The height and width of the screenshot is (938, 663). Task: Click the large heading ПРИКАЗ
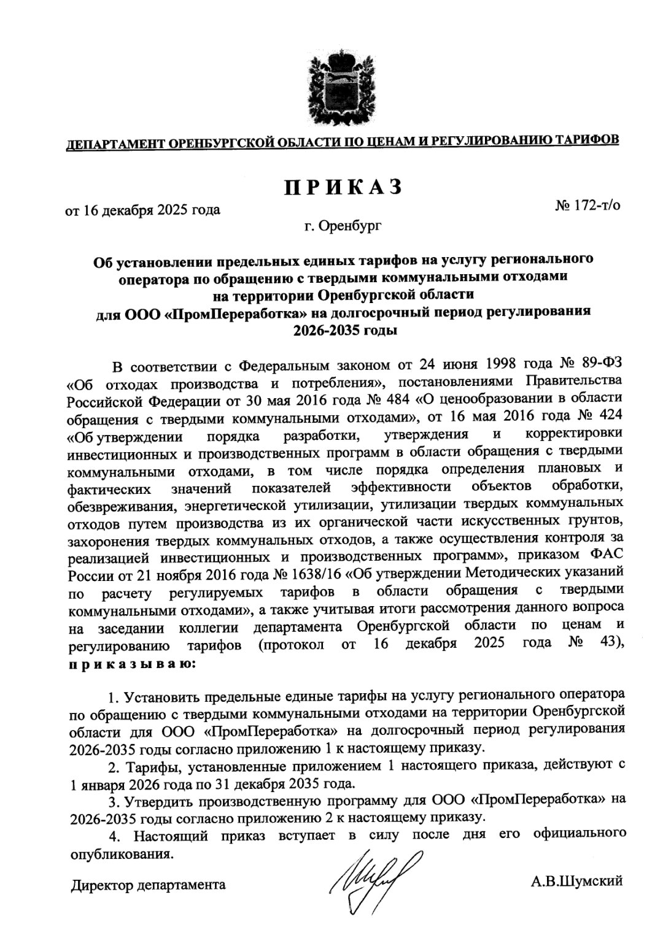(x=342, y=185)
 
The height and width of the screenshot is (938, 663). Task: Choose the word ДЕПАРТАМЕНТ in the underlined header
(x=115, y=144)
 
